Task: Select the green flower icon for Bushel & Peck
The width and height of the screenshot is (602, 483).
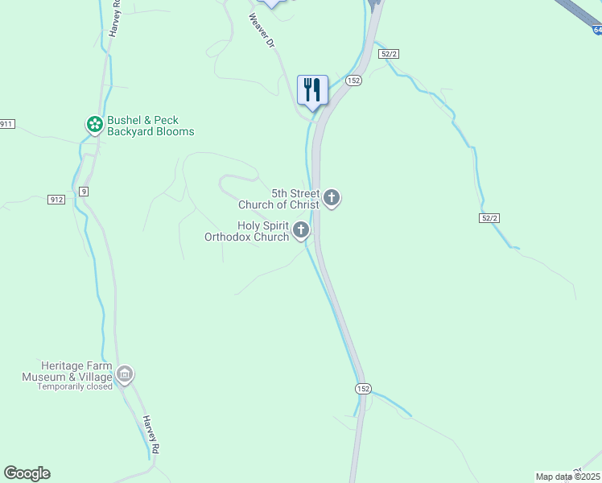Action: [x=94, y=124]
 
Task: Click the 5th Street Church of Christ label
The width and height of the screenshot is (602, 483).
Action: [x=295, y=199]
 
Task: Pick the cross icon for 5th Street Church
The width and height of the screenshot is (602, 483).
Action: [x=332, y=197]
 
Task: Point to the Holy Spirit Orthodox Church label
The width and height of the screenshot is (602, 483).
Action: [x=246, y=231]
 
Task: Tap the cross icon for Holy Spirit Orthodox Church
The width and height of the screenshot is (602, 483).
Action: [x=301, y=231]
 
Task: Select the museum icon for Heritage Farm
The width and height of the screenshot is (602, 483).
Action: [x=125, y=374]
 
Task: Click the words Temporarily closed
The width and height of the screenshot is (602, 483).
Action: [x=75, y=386]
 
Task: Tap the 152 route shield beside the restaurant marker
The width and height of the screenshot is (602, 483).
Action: [x=353, y=80]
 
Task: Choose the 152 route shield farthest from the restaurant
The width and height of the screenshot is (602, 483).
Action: [x=363, y=388]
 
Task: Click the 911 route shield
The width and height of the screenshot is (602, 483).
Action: [x=6, y=123]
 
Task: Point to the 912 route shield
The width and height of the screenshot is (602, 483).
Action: [x=56, y=200]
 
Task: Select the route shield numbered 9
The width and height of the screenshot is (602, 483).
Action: [x=83, y=191]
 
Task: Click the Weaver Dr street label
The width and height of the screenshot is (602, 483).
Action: [x=262, y=30]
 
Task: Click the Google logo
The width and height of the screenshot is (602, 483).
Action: [x=27, y=473]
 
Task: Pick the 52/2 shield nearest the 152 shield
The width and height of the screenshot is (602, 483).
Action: [x=390, y=54]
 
